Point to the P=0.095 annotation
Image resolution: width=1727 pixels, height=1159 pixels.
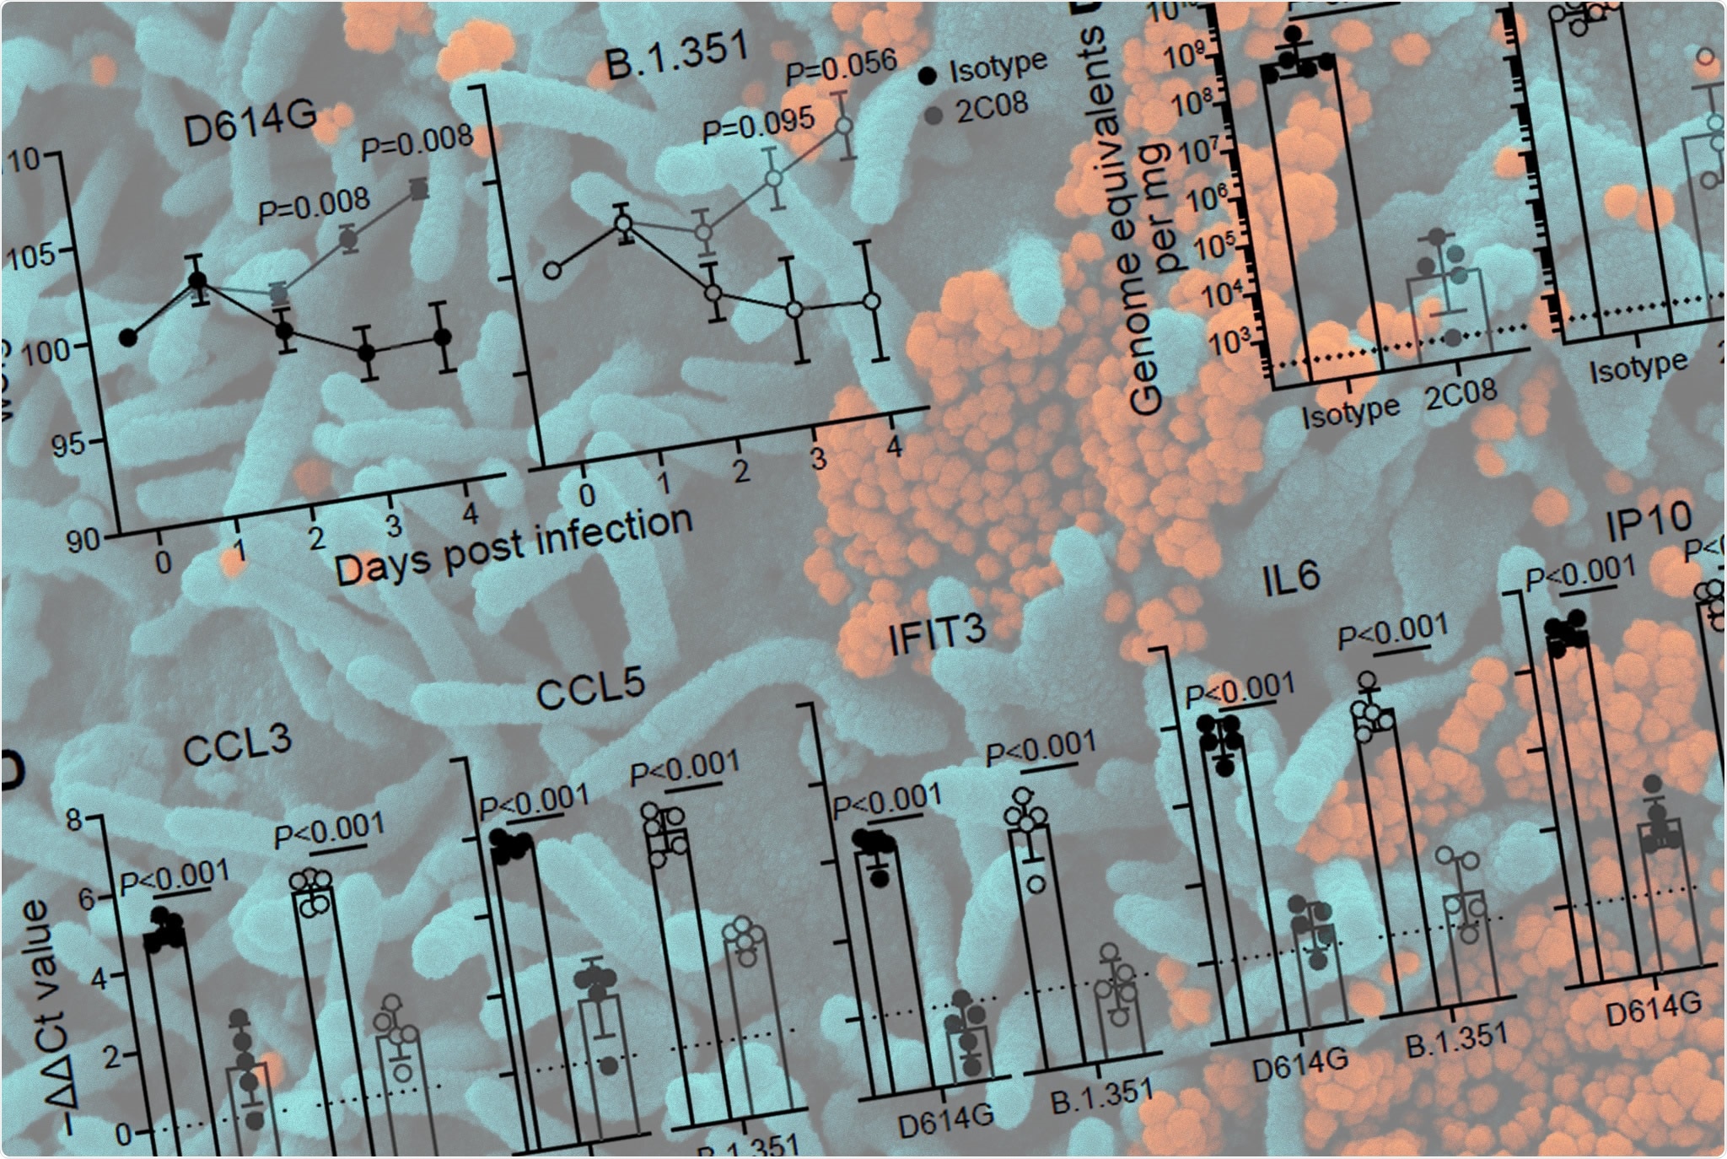coord(758,124)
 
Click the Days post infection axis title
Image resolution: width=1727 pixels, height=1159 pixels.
coord(513,546)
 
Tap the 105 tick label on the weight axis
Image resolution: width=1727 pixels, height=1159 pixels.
coord(35,254)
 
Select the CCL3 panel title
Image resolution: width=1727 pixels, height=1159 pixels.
coord(237,745)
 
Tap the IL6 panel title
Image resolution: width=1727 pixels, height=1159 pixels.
coord(1291,579)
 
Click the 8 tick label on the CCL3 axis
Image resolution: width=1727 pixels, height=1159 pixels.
coord(74,818)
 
